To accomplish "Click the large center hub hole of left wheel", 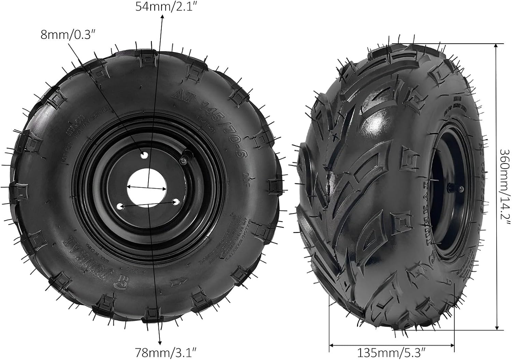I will [147, 187].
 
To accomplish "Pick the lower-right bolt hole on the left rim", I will [175, 202].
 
